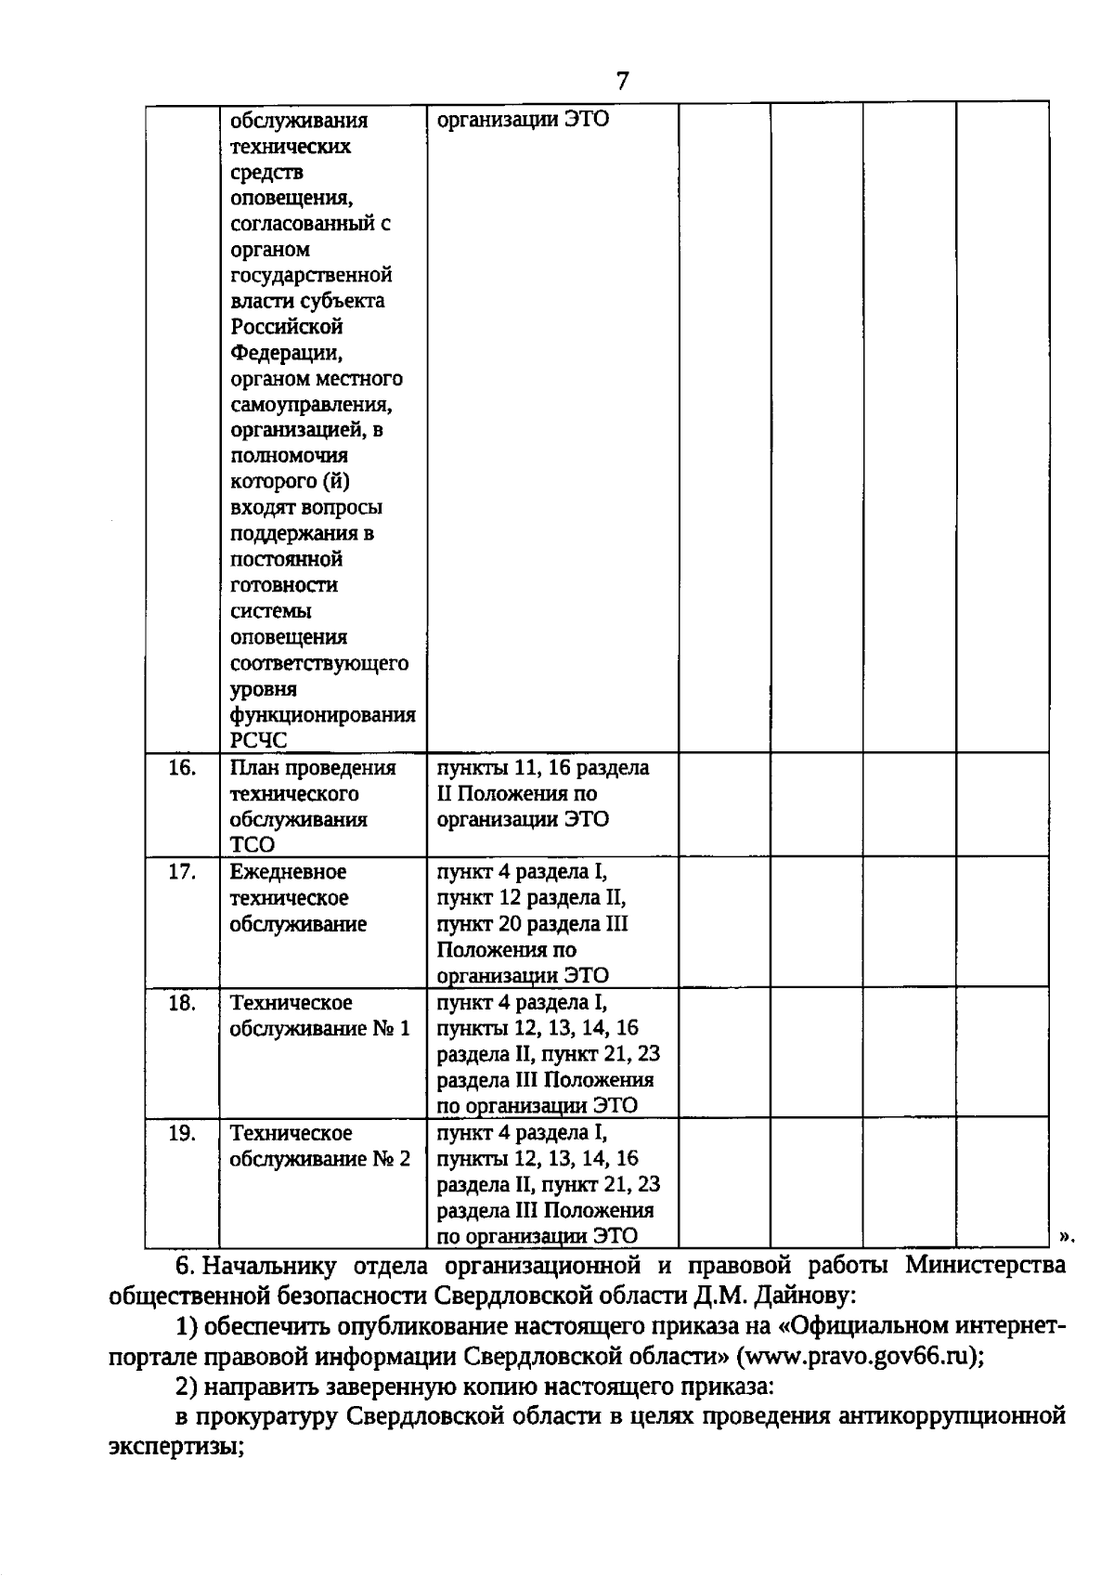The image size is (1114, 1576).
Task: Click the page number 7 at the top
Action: pos(622,82)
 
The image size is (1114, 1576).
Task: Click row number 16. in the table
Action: pos(182,768)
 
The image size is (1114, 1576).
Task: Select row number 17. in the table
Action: pos(182,872)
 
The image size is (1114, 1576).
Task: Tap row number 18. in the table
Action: pos(182,1003)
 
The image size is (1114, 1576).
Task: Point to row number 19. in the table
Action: pos(182,1133)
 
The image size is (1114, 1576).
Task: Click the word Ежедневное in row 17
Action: pos(288,872)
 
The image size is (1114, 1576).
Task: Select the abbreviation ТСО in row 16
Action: pos(253,845)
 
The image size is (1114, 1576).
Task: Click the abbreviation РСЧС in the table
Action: pos(259,741)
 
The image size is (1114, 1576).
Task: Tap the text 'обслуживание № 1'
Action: pos(319,1029)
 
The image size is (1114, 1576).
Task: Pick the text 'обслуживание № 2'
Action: pos(319,1159)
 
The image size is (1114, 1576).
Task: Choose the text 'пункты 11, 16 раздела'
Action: pos(543,768)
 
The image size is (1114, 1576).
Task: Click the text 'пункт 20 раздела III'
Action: pos(532,924)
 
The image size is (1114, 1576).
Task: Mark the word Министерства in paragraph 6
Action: pos(986,1265)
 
